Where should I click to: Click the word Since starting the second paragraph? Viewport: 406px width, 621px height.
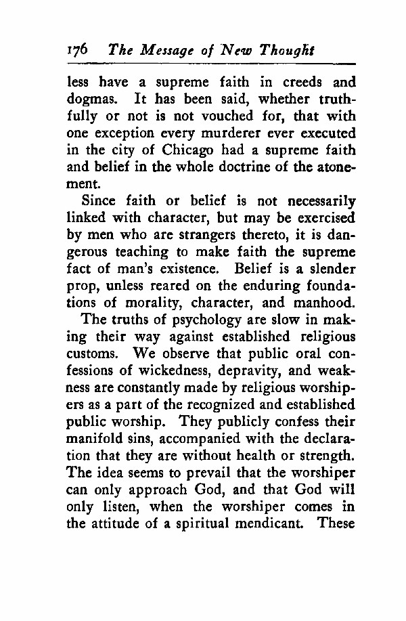(99, 200)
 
